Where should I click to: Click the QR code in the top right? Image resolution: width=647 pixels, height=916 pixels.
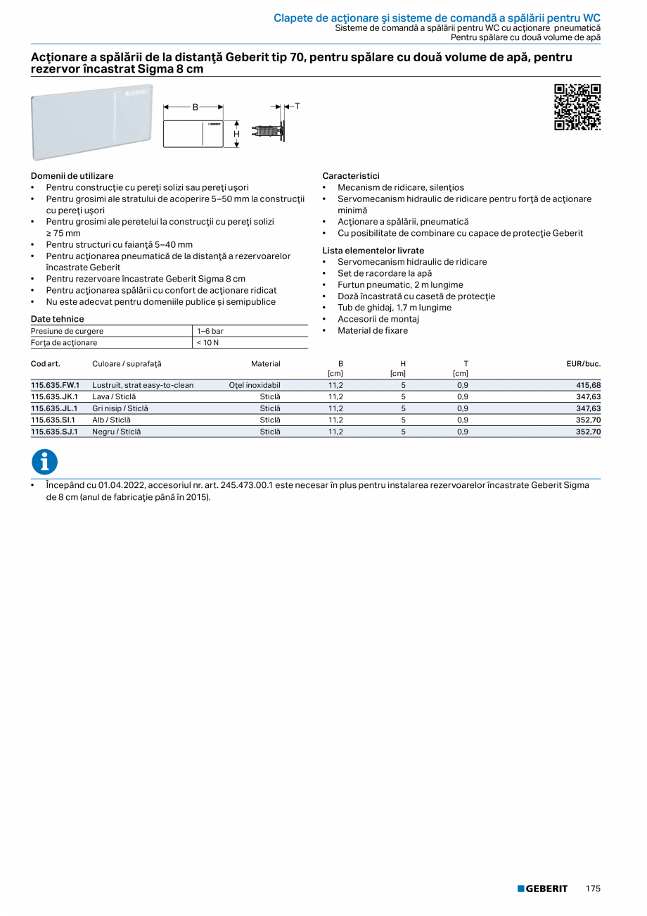coord(577,107)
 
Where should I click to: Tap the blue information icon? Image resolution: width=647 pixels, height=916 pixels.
coord(45,462)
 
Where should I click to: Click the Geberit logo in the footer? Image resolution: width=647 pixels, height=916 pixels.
coord(542,889)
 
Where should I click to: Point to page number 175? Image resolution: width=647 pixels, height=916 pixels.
coord(593,889)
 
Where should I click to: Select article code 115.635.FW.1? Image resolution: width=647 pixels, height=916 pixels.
coord(55,385)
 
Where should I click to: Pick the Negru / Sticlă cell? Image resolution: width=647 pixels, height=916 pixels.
coord(116,432)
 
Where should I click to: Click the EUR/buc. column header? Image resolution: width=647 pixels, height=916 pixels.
coord(583,364)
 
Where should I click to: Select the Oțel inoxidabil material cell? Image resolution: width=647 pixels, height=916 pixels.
coord(255,385)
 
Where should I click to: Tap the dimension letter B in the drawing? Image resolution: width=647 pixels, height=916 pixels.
coord(195,107)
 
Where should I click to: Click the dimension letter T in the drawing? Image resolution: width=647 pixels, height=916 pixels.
coord(297,106)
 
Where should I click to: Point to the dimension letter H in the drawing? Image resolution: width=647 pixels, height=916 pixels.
coord(237,134)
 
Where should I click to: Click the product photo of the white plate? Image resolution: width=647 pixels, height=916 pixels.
coord(91,121)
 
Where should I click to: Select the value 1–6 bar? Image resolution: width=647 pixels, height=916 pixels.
coord(210,331)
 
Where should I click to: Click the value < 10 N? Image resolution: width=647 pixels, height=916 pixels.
coord(208,343)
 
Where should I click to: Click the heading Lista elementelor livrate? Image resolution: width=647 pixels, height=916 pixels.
coord(373,251)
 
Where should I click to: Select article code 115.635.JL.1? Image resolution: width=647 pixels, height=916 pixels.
coord(54,408)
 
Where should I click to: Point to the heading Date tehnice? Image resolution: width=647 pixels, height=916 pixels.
coord(58,319)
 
